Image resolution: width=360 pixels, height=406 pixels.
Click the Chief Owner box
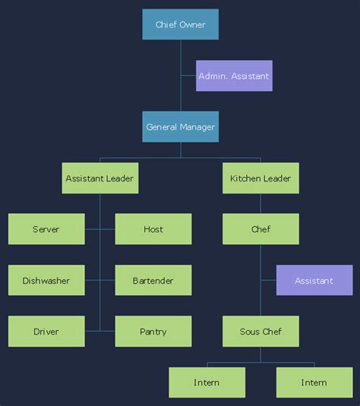[180, 24]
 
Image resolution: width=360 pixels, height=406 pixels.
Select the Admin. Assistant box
[234, 76]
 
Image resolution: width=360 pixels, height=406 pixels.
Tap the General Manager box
[180, 127]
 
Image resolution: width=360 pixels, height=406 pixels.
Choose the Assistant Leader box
[99, 178]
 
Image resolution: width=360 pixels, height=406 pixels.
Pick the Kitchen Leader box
[261, 178]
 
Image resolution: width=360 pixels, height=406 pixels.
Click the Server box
[46, 229]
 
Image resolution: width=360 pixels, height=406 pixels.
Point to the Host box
[153, 229]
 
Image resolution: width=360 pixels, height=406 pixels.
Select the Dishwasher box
[46, 281]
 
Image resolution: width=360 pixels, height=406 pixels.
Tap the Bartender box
[153, 281]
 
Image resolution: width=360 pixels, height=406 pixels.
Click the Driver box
[46, 332]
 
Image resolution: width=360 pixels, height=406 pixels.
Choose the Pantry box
[153, 332]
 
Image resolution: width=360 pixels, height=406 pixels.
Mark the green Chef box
[261, 229]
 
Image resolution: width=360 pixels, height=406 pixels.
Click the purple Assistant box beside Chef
[314, 281]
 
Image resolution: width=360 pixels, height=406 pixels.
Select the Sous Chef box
[261, 332]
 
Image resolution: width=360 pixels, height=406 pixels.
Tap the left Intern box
[207, 382]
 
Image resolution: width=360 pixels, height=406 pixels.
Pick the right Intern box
[314, 382]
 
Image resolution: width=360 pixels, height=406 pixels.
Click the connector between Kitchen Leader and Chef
[261, 203]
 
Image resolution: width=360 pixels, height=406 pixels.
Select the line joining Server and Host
[99, 229]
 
